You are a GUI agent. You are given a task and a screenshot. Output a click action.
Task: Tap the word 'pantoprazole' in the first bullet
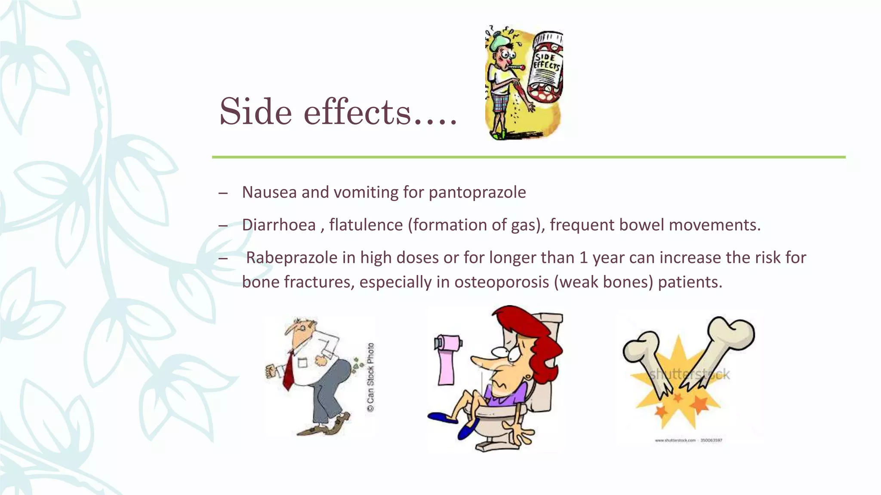477,192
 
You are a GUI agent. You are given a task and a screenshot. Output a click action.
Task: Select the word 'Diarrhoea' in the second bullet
279,225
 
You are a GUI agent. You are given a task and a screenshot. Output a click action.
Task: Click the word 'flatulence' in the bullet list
366,225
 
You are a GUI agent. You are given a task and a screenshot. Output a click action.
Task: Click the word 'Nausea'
269,192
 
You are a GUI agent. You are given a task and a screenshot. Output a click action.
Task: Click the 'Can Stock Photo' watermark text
370,377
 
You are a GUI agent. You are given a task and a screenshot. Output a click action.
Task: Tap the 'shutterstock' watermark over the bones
689,374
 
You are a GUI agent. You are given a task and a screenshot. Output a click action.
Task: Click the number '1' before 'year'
583,257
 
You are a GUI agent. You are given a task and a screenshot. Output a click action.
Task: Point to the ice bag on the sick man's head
502,41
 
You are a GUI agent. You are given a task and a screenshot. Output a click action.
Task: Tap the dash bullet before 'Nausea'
223,192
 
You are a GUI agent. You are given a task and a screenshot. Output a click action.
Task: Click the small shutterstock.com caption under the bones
688,440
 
